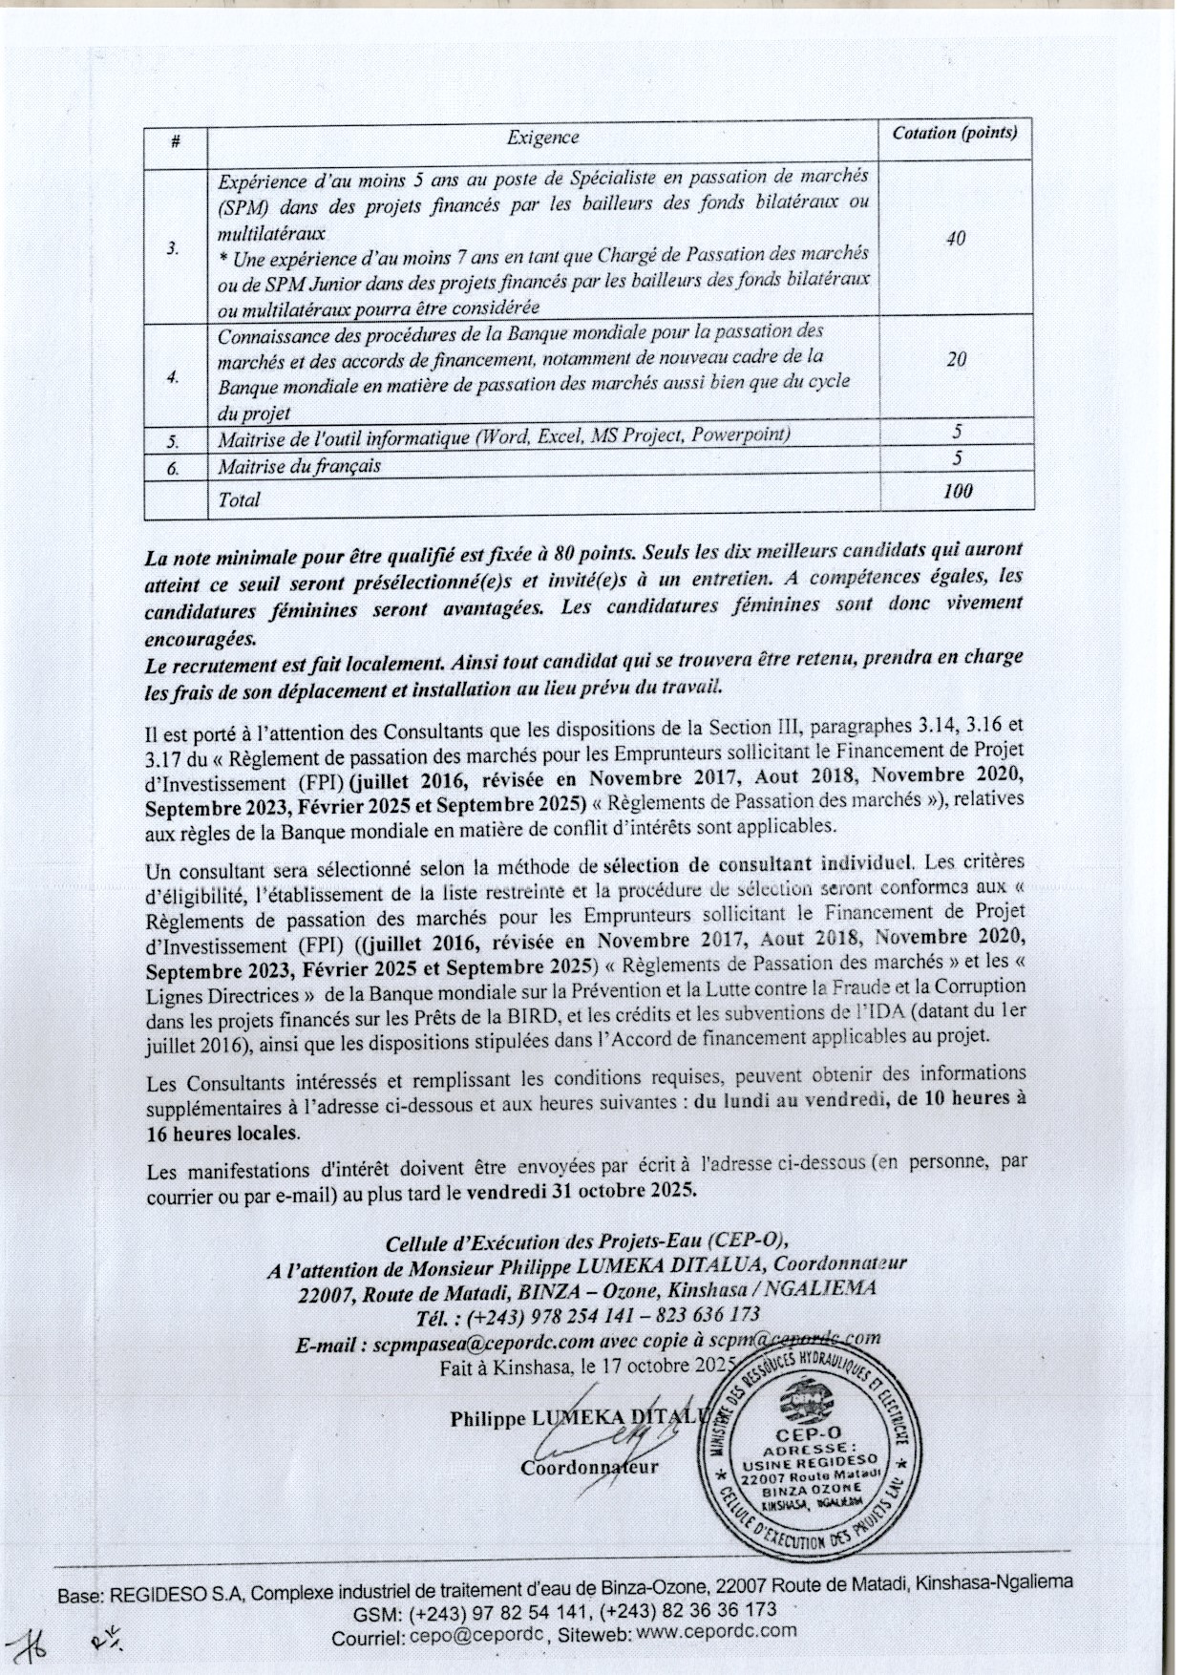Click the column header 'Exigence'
[x=542, y=138]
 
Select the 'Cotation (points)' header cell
[x=954, y=133]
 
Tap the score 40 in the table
[x=955, y=239]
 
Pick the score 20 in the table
[x=956, y=359]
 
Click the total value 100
[x=956, y=491]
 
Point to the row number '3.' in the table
[x=173, y=248]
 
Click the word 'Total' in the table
[x=239, y=499]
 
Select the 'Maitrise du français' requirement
[x=299, y=466]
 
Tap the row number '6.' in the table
[x=173, y=467]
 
